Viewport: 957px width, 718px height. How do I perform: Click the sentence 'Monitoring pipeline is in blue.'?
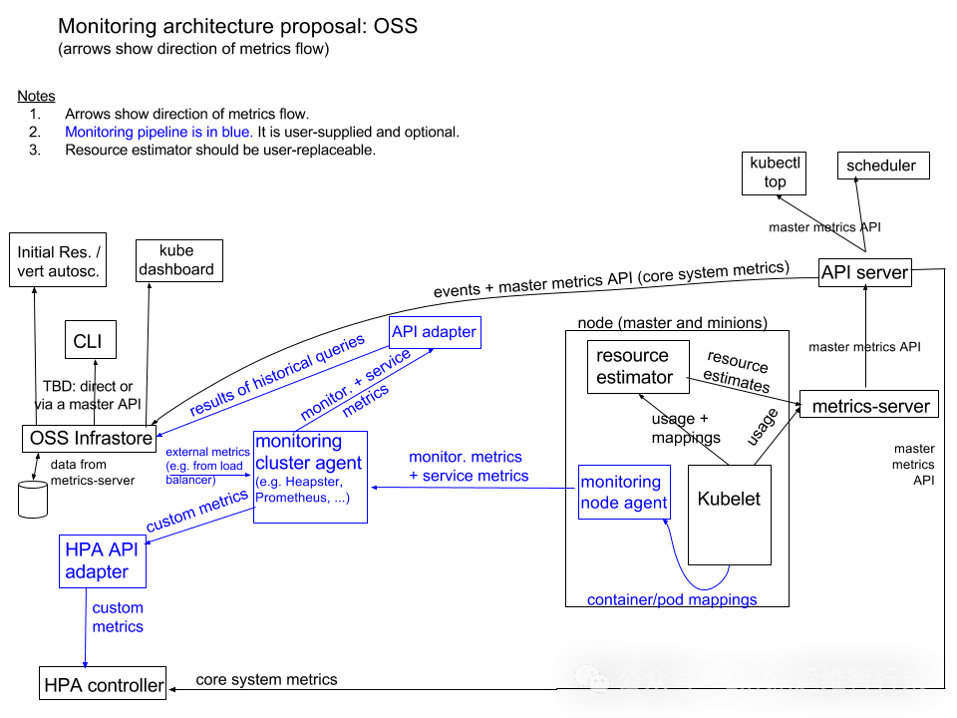coord(159,132)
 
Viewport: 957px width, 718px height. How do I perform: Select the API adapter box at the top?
coord(435,332)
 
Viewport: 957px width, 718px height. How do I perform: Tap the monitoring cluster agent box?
coord(310,477)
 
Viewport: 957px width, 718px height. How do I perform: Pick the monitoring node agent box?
coord(624,492)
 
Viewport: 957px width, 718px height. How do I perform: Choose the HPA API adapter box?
coord(102,560)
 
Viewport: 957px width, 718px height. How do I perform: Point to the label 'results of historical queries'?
coord(277,376)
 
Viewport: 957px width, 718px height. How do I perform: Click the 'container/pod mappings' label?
coord(672,600)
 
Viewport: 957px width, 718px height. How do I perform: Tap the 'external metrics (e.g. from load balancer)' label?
coord(207,465)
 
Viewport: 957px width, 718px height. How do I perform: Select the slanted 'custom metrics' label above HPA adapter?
coord(196,511)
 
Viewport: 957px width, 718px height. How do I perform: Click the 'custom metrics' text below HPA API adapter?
coord(118,617)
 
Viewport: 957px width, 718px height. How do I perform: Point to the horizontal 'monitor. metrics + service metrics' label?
coord(468,467)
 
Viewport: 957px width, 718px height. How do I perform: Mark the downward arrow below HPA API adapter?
coord(86,628)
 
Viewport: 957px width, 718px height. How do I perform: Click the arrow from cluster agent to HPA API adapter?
coord(199,526)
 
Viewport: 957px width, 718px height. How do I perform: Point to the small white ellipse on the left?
coord(33,485)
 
